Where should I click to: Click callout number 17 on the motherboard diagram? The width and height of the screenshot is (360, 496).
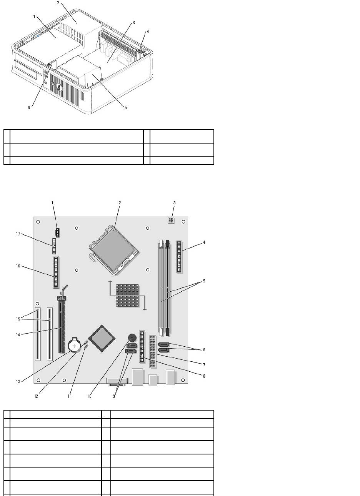tap(28, 234)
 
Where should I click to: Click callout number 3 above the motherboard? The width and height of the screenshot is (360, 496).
tap(174, 203)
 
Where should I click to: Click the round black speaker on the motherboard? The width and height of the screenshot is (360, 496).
tap(132, 338)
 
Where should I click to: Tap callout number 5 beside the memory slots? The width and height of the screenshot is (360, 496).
tap(204, 281)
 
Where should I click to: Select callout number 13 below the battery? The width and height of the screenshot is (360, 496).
tap(18, 382)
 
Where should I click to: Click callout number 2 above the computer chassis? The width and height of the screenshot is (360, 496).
tap(58, 3)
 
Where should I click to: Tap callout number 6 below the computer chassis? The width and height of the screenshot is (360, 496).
tap(28, 108)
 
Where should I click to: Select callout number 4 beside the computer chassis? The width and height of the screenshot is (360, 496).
tap(148, 31)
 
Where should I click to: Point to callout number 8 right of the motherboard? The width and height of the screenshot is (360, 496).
tap(204, 376)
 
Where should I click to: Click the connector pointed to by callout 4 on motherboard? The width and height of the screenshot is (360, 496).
tap(180, 256)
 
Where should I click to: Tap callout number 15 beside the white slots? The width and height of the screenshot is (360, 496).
tap(18, 319)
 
